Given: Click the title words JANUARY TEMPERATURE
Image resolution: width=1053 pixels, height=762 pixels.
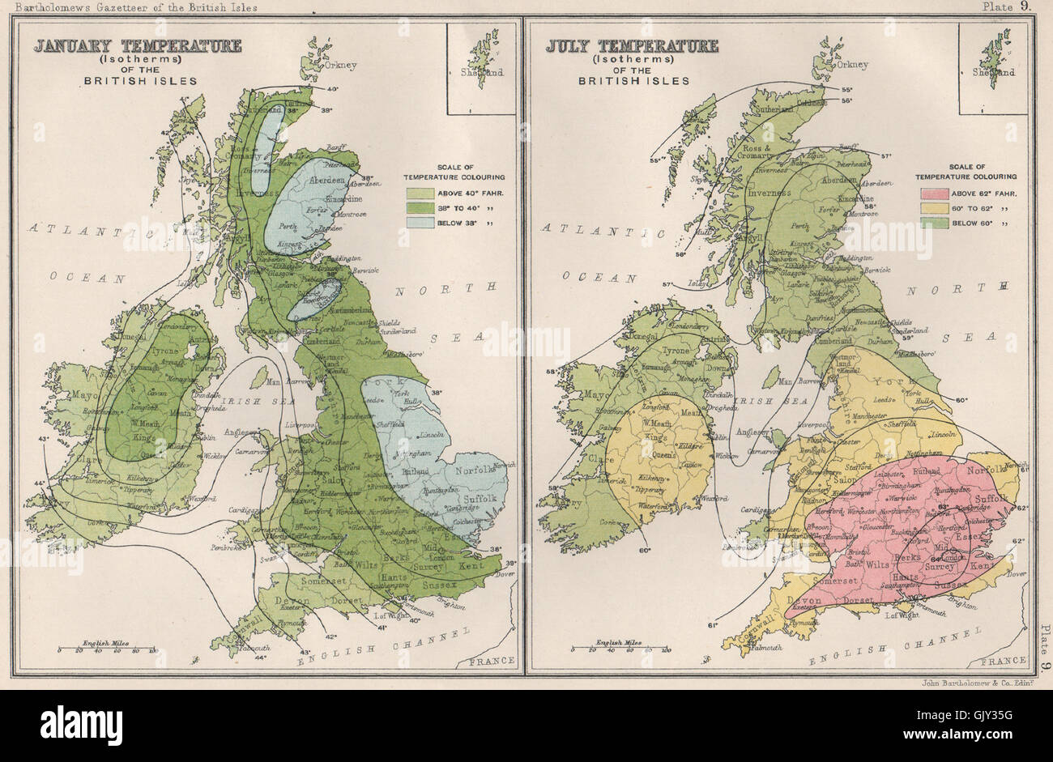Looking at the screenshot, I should point(137,45).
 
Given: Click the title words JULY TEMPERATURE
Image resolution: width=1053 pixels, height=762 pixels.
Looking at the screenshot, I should point(631,45).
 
